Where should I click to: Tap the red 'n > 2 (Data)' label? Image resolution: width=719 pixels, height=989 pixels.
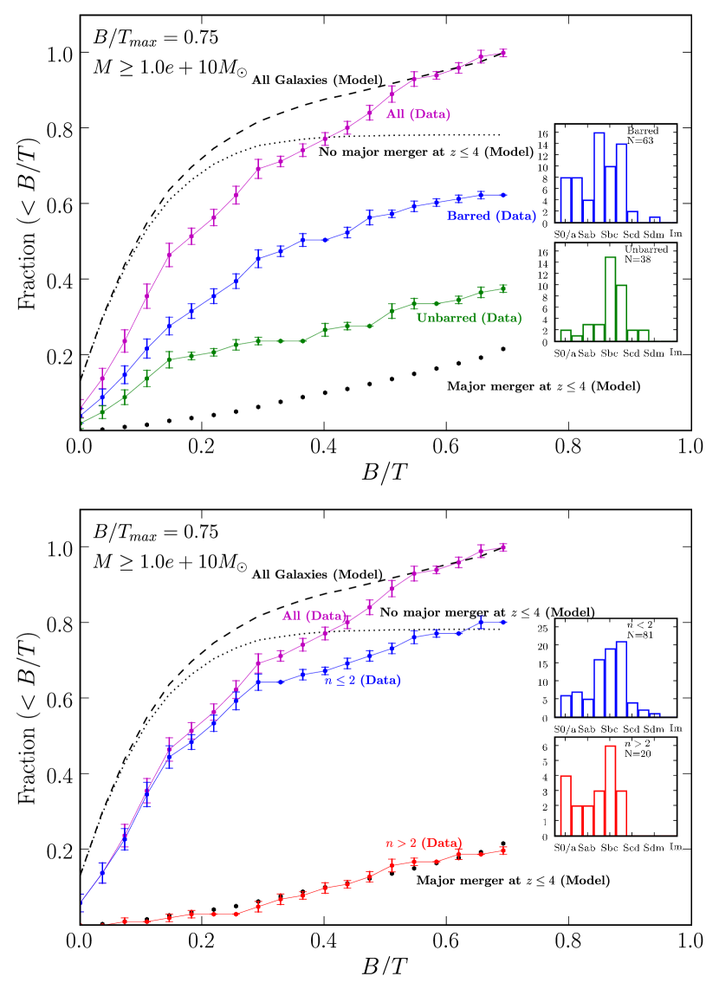(422, 842)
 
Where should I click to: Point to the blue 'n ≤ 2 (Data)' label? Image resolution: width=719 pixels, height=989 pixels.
(362, 681)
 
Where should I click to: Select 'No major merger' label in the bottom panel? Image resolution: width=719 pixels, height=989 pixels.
(481, 611)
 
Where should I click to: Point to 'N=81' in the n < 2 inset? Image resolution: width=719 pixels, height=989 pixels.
(642, 635)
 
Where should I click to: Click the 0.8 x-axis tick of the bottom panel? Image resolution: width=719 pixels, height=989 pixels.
(567, 938)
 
